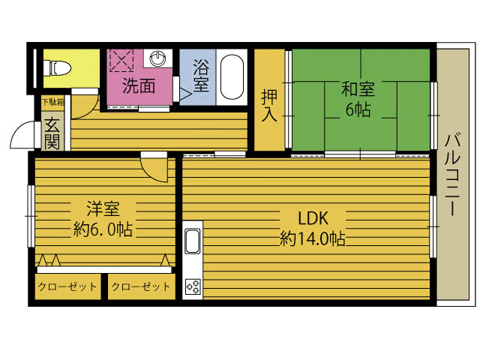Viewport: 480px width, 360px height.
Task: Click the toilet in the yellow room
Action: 57,68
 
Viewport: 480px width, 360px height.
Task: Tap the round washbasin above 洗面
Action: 158,58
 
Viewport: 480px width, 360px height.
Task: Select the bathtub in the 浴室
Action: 232,77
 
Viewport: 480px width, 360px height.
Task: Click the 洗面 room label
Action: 139,86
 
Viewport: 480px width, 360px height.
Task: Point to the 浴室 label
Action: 201,76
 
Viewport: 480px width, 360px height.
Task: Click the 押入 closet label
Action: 269,105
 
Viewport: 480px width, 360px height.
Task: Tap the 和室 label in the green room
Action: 358,89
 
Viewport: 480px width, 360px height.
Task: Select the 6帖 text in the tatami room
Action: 358,109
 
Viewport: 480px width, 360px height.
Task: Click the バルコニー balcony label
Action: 452,175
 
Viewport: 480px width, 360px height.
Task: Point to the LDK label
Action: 313,218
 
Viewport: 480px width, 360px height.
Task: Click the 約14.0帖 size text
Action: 313,238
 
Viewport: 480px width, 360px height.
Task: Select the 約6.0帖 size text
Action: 103,229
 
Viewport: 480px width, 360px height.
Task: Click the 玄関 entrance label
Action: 52,133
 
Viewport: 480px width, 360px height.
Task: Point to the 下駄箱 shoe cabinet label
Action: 53,102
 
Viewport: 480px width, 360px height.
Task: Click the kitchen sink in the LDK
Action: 193,241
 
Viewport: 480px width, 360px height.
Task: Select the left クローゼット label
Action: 67,286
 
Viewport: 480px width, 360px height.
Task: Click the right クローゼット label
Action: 140,286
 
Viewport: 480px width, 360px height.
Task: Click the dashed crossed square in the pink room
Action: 121,60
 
